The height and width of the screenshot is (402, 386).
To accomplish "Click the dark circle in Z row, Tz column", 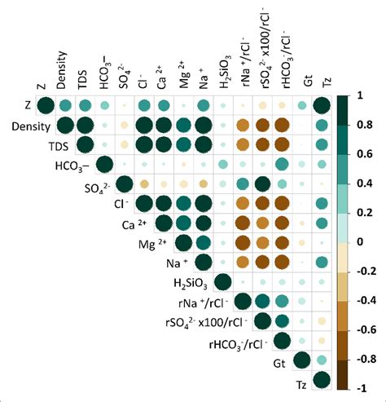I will pos(322,106).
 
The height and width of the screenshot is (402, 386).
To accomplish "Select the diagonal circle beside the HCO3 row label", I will pos(104,165).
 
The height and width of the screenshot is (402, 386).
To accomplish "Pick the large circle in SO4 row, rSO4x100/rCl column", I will pos(262,184).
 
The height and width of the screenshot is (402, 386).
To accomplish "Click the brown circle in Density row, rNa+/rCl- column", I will pos(243,126).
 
